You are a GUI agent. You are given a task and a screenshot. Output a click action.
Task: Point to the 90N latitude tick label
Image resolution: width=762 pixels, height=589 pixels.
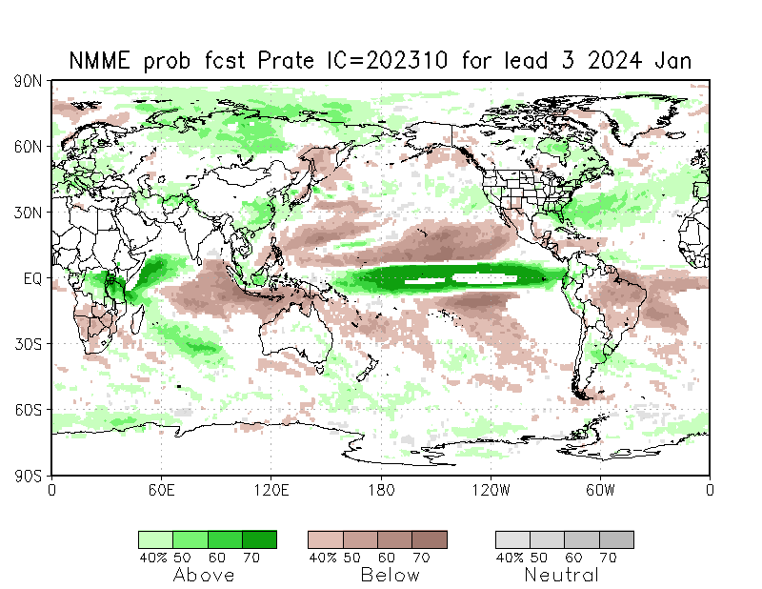(27, 81)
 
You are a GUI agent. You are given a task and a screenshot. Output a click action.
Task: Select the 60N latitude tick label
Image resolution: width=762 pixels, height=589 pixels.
(27, 147)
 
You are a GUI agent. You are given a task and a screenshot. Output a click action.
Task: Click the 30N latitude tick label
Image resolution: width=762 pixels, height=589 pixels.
(27, 213)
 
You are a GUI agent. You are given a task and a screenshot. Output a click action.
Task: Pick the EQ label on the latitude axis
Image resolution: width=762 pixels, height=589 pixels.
(31, 278)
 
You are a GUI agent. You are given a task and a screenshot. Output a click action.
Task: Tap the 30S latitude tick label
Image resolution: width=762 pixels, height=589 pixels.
(27, 344)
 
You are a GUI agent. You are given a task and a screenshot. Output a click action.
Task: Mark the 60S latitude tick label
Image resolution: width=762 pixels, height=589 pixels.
(27, 410)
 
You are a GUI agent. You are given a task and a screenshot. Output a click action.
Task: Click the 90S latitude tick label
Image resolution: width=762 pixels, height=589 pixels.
(27, 475)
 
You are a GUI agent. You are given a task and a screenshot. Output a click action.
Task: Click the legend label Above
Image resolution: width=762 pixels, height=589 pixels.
(204, 575)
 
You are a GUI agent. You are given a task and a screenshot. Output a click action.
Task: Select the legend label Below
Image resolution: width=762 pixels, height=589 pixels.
(390, 575)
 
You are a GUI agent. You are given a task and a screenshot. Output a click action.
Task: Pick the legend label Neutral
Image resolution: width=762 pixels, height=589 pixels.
(562, 575)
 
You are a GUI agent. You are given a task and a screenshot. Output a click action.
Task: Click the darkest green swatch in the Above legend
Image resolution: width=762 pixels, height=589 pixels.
(259, 539)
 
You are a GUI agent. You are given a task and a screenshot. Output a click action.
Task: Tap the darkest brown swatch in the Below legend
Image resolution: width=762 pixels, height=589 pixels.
(430, 539)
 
